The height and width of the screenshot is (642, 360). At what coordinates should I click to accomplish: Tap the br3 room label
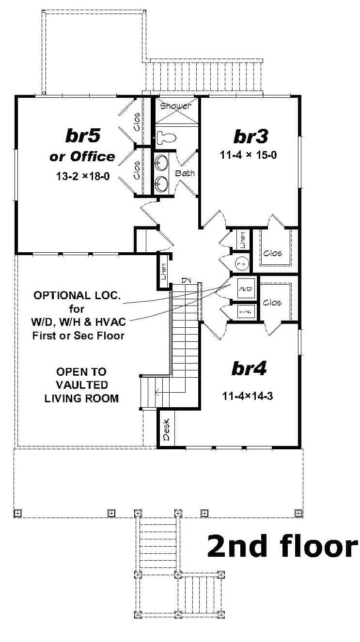[250, 137]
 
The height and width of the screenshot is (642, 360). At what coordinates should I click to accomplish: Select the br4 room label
[249, 369]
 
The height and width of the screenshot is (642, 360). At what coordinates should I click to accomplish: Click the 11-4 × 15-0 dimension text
[250, 156]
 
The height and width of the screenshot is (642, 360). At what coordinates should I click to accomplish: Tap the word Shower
[175, 106]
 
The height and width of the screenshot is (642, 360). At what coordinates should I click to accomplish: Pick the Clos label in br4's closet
[272, 303]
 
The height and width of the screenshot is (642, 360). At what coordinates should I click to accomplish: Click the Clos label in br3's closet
[272, 253]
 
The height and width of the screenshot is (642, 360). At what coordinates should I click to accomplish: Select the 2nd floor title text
[282, 546]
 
